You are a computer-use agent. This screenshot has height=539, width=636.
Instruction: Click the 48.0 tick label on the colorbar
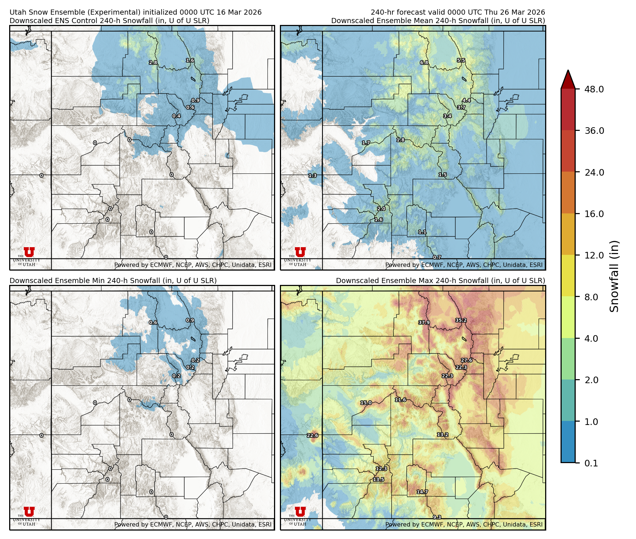pyautogui.click(x=594, y=89)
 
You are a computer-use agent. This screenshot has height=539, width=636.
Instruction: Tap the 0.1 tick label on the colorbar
pyautogui.click(x=591, y=463)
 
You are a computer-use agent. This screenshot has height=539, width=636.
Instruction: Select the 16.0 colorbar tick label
pyautogui.click(x=594, y=214)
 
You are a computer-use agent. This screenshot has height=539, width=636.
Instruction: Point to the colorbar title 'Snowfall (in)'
pyautogui.click(x=614, y=276)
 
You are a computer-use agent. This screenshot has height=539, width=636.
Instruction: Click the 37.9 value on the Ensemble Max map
pyautogui.click(x=424, y=323)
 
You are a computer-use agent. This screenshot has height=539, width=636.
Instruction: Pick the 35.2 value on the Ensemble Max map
pyautogui.click(x=461, y=320)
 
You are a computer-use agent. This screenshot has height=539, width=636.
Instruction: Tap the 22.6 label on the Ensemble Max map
pyautogui.click(x=313, y=435)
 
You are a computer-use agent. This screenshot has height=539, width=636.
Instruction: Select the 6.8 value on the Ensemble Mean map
pyautogui.click(x=424, y=63)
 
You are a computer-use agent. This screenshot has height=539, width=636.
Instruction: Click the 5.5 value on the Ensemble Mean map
pyautogui.click(x=461, y=60)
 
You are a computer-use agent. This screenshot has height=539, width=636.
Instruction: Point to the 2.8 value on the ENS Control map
pyautogui.click(x=153, y=63)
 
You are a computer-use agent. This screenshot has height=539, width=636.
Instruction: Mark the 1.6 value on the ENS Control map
pyautogui.click(x=190, y=60)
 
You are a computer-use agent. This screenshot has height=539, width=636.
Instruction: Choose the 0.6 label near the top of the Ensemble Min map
pyautogui.click(x=153, y=323)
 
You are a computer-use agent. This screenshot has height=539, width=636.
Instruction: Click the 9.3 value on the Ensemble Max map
pyautogui.click(x=437, y=517)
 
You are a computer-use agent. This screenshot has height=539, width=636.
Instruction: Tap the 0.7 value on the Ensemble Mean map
pyautogui.click(x=437, y=257)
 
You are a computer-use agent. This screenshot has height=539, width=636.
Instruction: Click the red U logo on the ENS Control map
pyautogui.click(x=29, y=252)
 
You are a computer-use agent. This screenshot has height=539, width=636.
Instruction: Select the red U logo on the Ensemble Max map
pyautogui.click(x=300, y=511)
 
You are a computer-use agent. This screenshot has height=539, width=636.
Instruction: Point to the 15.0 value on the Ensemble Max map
pyautogui.click(x=366, y=403)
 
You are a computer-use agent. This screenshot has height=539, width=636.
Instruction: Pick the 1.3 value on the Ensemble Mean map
pyautogui.click(x=313, y=176)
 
